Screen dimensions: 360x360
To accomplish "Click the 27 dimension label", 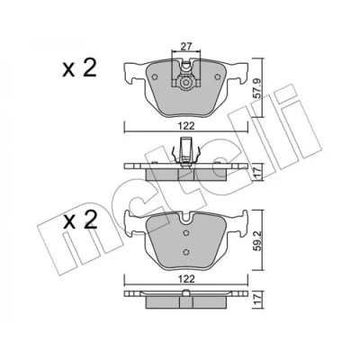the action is pos(186,47).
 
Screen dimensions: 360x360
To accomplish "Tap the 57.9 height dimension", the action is pos(257,87).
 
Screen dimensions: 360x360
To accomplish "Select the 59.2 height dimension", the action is pos(257,239).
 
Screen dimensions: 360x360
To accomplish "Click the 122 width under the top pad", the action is pos(186,126).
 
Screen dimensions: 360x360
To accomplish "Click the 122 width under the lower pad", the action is pos(186,279).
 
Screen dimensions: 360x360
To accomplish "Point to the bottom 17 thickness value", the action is pos(257,300).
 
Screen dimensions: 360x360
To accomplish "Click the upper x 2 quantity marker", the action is pos(79,68).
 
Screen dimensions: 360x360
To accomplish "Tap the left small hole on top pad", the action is pos(155,77).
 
